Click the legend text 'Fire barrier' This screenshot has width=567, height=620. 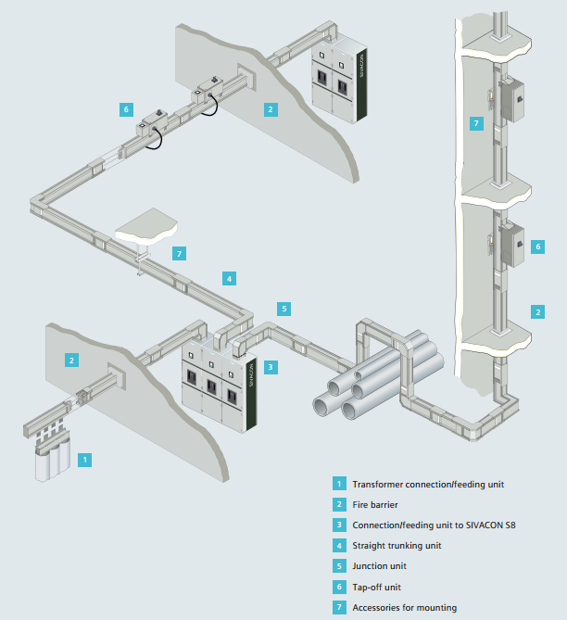(376, 504)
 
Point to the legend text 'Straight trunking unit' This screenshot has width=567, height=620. (397, 546)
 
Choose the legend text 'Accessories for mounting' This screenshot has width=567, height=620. (404, 608)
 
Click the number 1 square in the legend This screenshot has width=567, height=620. (339, 484)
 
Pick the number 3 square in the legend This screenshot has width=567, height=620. (339, 525)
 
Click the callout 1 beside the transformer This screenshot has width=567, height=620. (85, 459)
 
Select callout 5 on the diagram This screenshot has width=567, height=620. (284, 308)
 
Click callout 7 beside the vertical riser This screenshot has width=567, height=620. (475, 123)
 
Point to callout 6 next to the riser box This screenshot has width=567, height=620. (536, 247)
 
